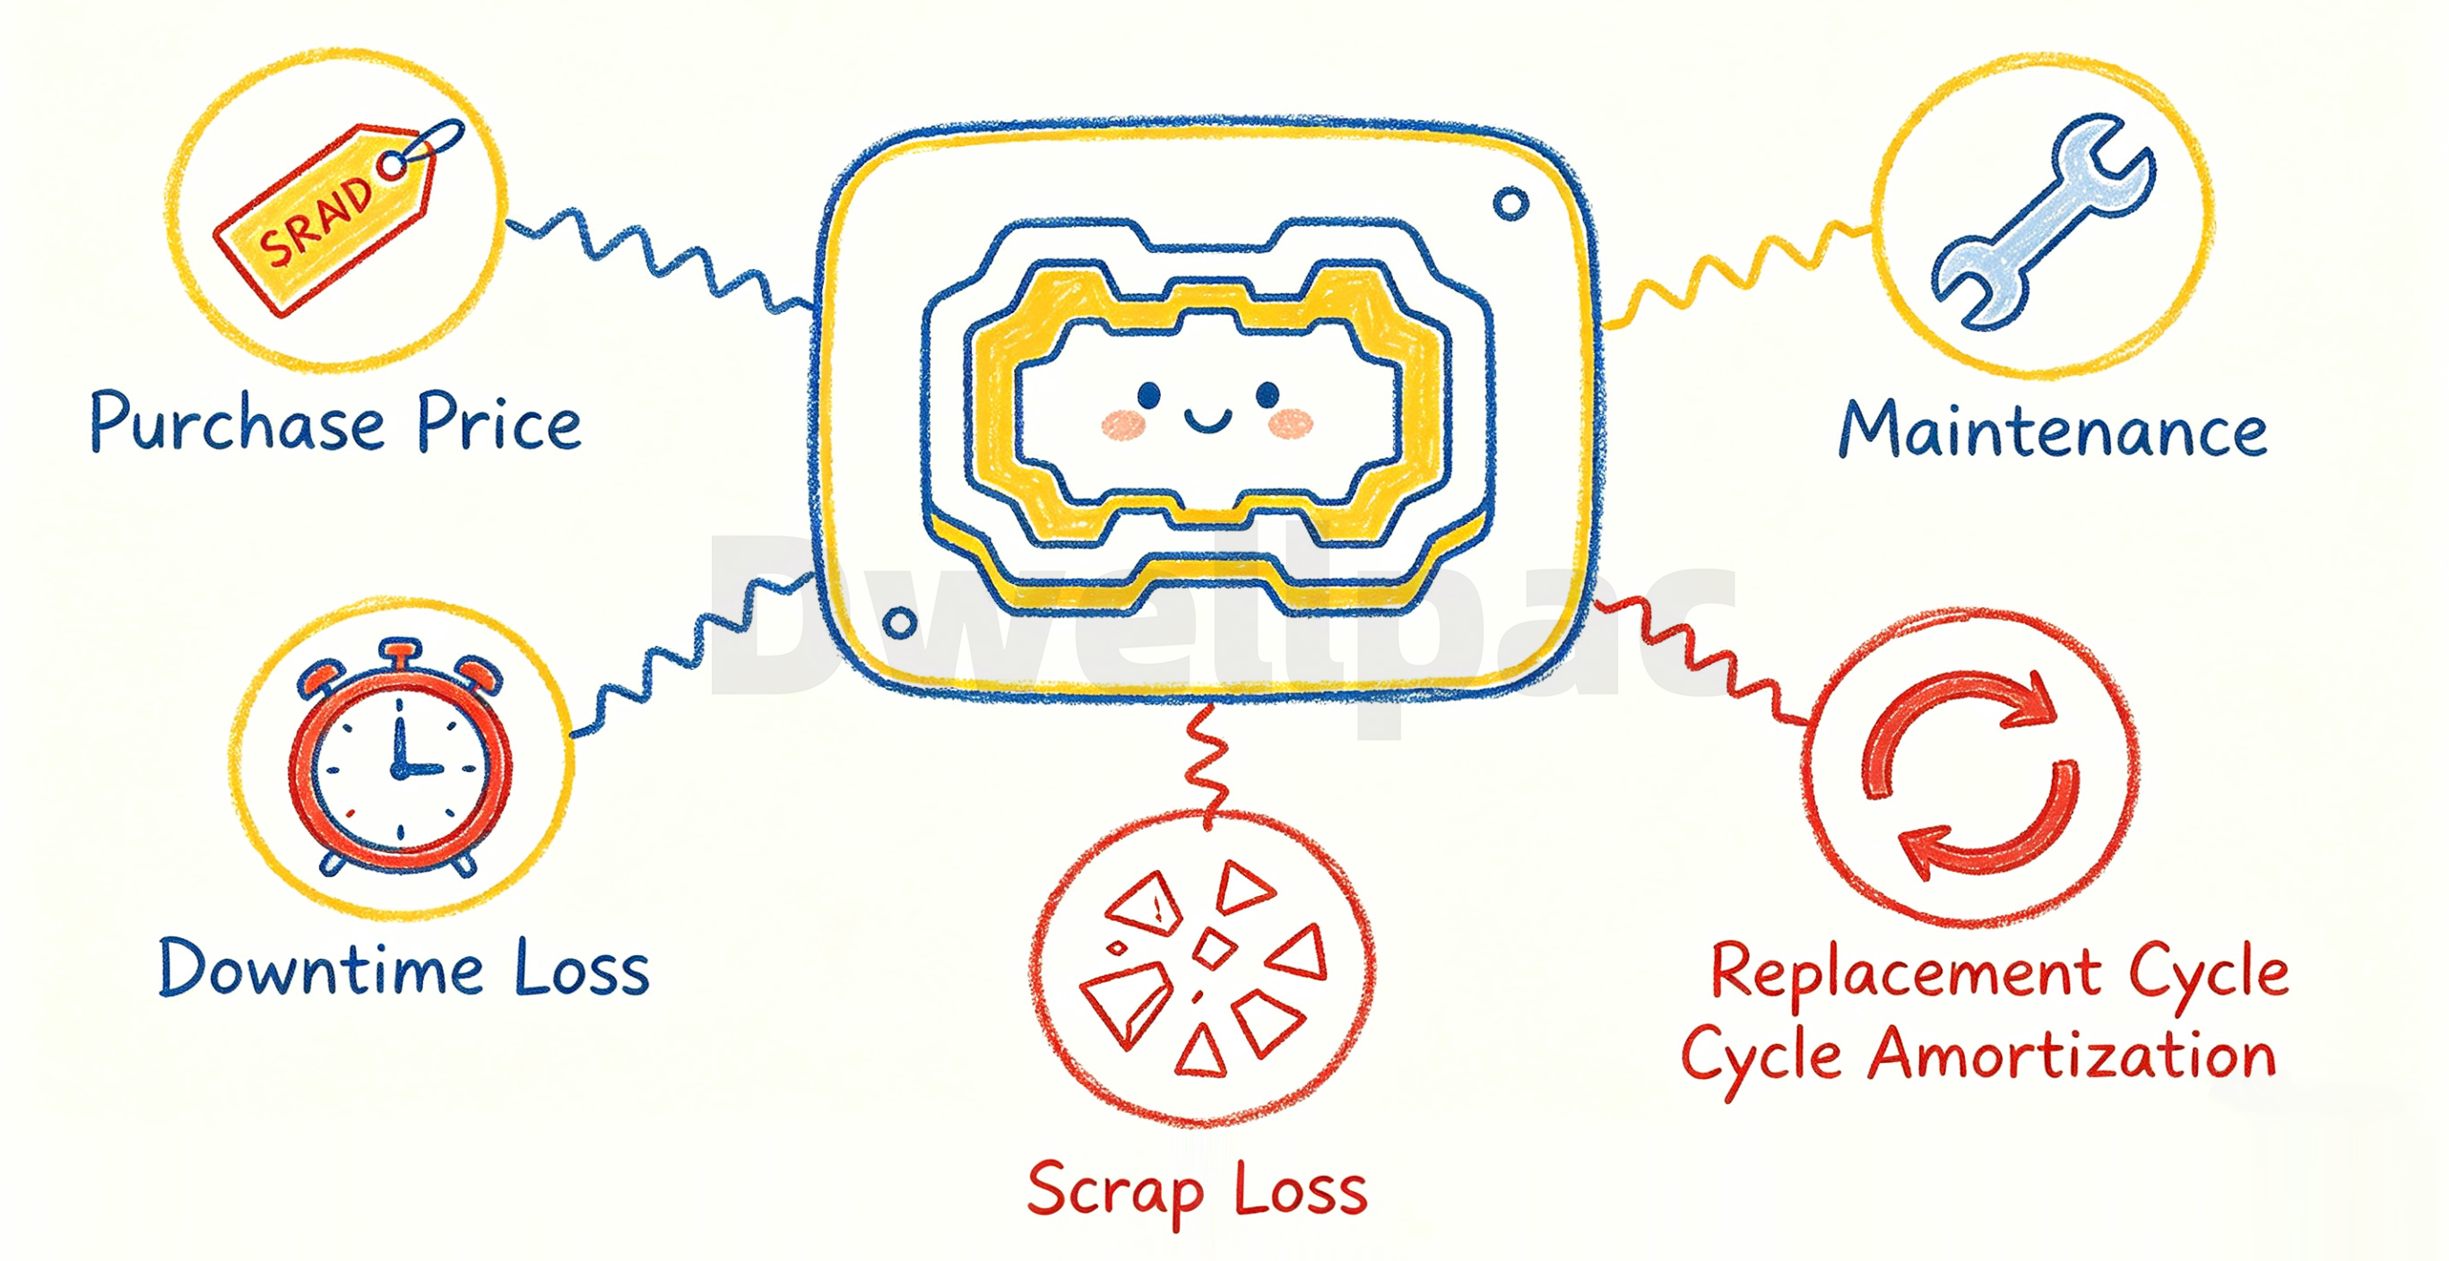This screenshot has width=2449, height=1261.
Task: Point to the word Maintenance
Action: (x=2054, y=430)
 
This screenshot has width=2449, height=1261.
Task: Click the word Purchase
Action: (x=238, y=424)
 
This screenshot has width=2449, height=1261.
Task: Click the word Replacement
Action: (x=1906, y=973)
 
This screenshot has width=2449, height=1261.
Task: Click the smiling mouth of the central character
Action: (x=1207, y=419)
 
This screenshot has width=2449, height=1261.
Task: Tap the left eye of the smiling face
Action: (x=1148, y=394)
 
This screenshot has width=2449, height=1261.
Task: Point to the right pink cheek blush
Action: (x=1290, y=423)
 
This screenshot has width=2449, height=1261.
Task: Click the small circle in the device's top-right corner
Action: (x=1510, y=204)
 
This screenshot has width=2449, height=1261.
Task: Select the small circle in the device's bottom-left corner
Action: (x=899, y=624)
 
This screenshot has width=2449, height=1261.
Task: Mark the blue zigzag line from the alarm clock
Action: (x=692, y=657)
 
